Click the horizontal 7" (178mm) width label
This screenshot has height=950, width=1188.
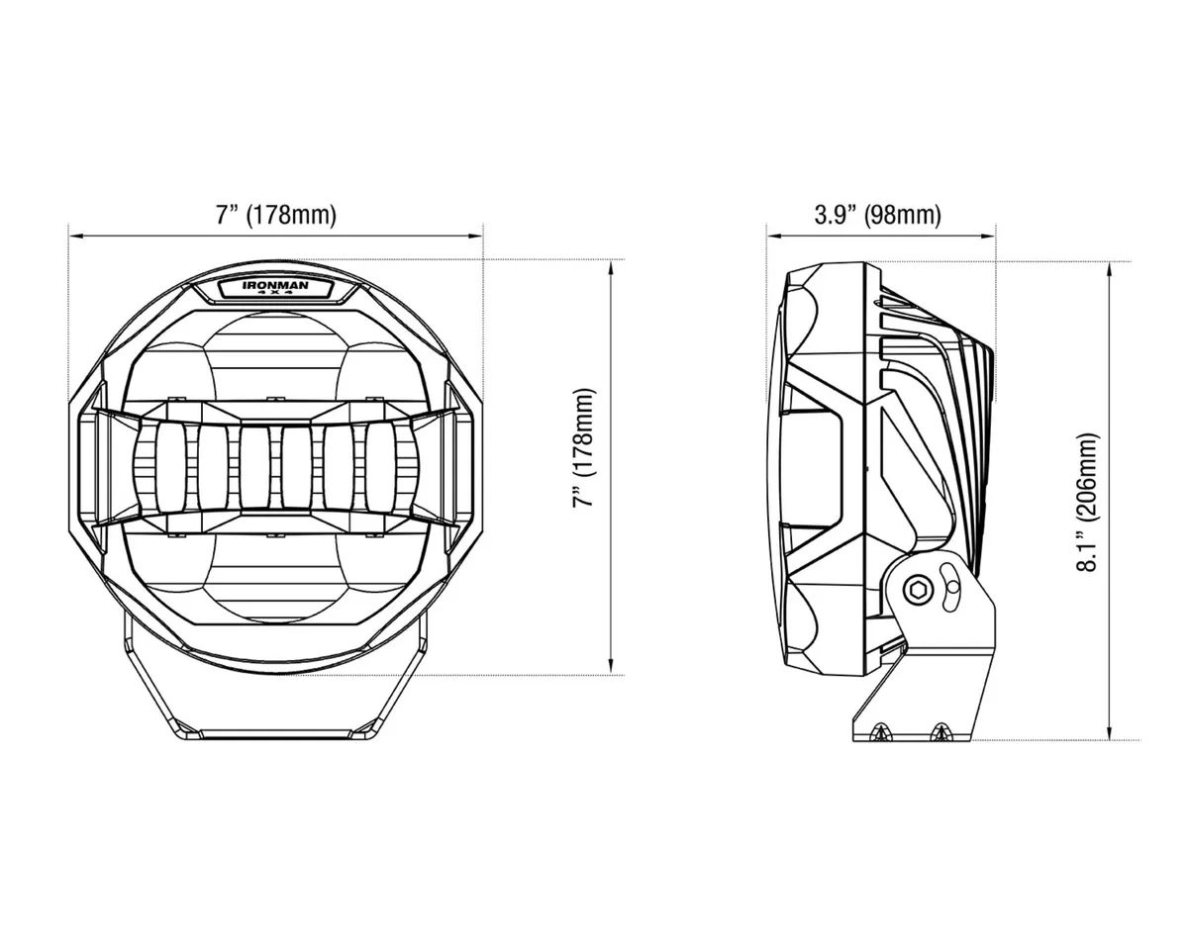coord(275,216)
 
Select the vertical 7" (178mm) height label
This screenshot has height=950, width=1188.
coord(586,447)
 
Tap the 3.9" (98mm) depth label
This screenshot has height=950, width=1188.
coord(877,216)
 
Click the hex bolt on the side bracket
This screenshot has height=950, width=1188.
coord(917,591)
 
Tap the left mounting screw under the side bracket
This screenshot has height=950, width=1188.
coord(880,733)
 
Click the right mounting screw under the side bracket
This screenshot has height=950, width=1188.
coord(940,733)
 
